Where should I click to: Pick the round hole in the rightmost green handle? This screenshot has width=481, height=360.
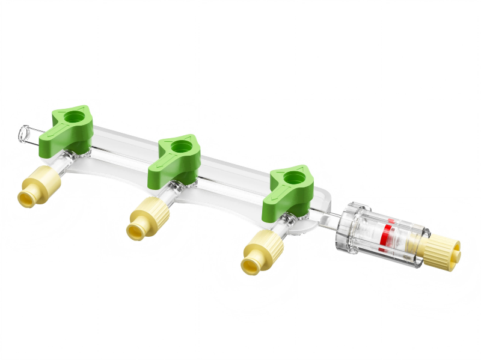(x=294, y=177)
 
